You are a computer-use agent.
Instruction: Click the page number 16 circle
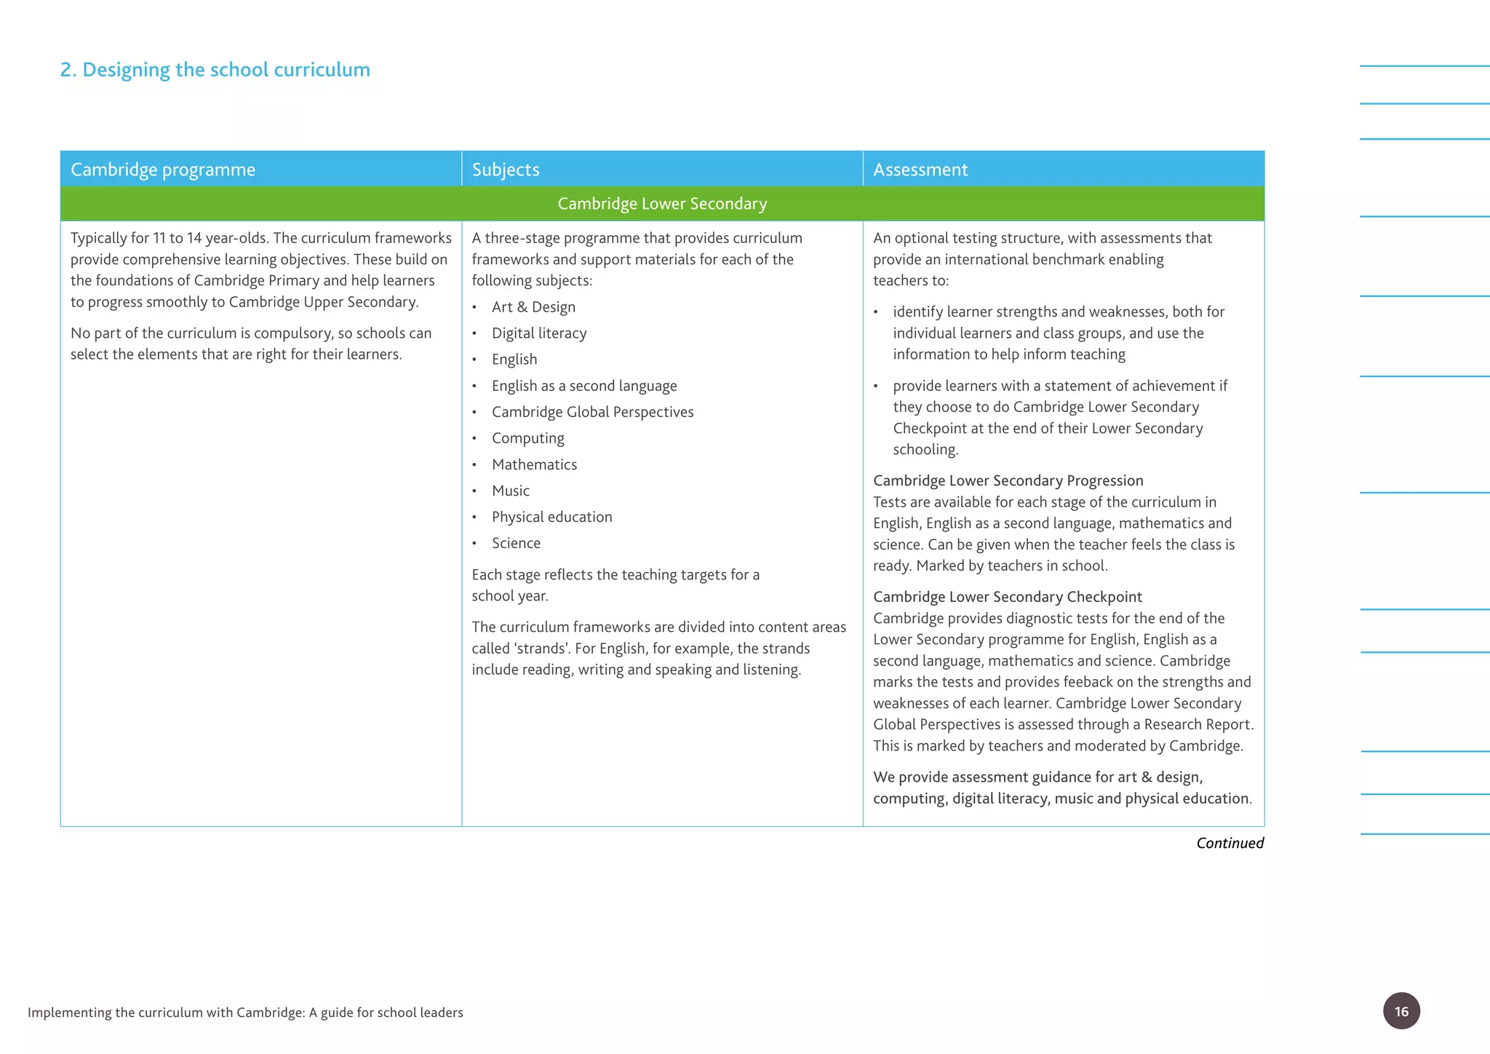coord(1401,1010)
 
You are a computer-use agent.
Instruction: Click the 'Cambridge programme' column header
coord(163,170)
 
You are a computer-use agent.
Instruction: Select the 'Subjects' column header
coord(506,170)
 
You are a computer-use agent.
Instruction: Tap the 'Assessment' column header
coord(920,170)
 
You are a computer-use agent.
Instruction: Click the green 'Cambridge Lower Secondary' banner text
coord(662,204)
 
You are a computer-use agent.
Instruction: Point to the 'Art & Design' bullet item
coord(533,307)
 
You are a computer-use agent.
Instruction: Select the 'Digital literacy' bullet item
coord(539,333)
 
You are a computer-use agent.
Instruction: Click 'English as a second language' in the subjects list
coord(584,386)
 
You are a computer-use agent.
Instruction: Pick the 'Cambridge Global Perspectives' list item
coord(592,412)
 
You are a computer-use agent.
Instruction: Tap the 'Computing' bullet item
coord(527,438)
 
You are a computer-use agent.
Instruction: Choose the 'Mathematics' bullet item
coord(534,464)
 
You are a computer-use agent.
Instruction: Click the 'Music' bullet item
coord(510,491)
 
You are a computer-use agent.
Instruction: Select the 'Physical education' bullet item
coord(551,517)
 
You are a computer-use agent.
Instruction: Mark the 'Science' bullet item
coord(516,543)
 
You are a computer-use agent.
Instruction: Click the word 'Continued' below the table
coord(1230,843)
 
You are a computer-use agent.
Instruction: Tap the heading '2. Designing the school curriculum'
coord(215,70)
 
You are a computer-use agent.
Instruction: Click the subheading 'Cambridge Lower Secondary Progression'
coord(1008,480)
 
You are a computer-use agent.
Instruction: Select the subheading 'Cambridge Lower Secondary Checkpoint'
coord(1007,597)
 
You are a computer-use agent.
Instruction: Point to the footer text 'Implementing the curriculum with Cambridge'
coord(245,1013)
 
